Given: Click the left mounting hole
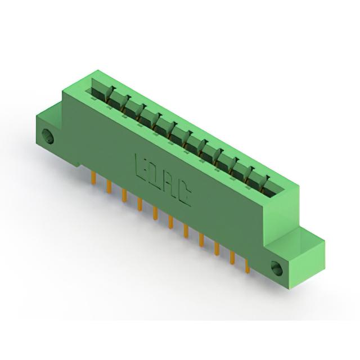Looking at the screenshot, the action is click(x=48, y=137).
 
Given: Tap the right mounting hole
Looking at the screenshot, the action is click(x=277, y=268).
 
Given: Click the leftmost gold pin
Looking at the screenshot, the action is click(x=93, y=178).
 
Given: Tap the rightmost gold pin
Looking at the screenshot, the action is click(x=247, y=266).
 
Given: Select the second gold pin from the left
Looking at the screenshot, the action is click(x=109, y=186).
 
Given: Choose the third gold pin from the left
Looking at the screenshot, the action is click(x=124, y=195).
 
